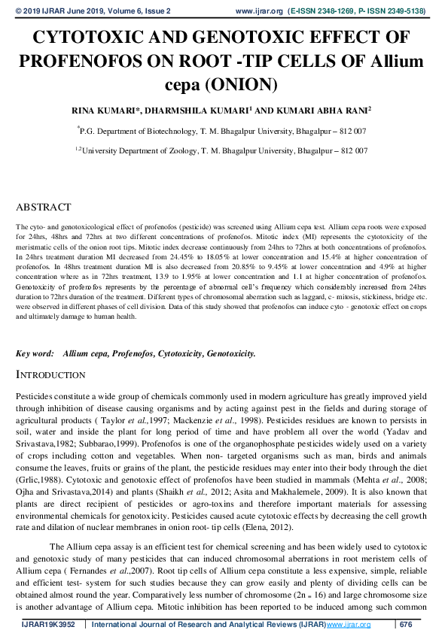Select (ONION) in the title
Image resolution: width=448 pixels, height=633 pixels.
pos(245,83)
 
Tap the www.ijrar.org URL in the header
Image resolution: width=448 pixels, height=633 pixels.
pos(259,11)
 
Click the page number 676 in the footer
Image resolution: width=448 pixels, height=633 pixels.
pos(406,624)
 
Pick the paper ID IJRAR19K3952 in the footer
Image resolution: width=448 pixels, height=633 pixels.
pos(50,624)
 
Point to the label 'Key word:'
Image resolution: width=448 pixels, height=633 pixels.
pos(35,353)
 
